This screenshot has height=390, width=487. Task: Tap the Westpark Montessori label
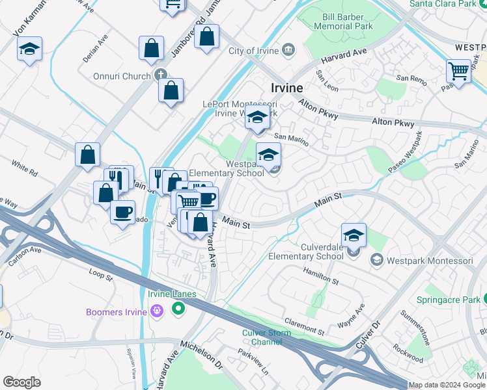pos(430,261)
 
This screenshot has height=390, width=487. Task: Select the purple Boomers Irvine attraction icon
pos(156,312)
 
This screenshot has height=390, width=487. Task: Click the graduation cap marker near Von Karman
pos(29,49)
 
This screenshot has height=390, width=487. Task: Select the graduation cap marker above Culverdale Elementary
pos(354,235)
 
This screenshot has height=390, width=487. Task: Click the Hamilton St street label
pos(320,278)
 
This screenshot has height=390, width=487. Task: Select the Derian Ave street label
pos(95,50)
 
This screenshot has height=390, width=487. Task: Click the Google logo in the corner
pos(22,382)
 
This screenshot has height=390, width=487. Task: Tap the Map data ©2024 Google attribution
pos(447,385)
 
